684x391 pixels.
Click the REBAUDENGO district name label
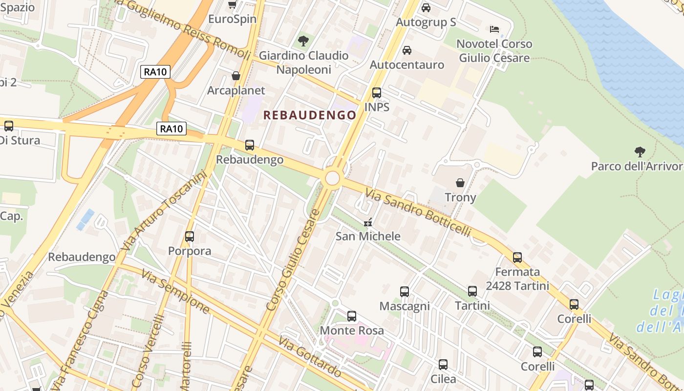310,115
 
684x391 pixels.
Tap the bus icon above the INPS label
376,93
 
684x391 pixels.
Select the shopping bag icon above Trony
460,183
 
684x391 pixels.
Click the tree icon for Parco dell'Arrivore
640,152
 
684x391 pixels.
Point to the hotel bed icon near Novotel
494,29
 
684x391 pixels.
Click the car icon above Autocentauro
406,50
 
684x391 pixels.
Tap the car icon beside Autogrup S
426,8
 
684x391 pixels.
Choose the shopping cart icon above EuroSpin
233,5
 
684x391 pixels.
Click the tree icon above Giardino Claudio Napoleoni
303,41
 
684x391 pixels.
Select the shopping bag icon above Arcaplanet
236,76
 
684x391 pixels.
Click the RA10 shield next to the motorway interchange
156,72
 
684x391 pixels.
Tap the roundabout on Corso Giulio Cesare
332,178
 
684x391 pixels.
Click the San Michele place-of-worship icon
368,222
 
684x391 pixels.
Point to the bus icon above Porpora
190,237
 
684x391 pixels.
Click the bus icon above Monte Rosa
352,316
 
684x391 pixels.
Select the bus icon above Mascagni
405,292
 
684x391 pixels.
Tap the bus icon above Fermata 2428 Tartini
517,258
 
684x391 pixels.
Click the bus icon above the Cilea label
443,365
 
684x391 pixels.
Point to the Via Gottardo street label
310,357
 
